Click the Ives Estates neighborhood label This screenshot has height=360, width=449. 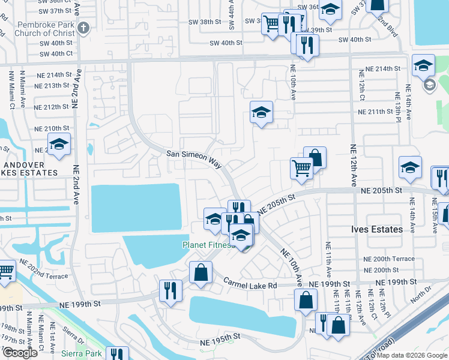[x=376, y=229]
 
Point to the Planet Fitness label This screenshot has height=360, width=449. [x=206, y=245]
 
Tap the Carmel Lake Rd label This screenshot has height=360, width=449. [x=250, y=284]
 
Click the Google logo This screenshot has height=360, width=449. [x=20, y=353]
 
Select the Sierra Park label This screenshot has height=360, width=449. [x=85, y=354]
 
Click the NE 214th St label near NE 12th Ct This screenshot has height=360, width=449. [x=378, y=69]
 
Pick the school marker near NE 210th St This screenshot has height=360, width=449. [x=59, y=144]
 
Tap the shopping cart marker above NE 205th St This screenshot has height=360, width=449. [x=301, y=167]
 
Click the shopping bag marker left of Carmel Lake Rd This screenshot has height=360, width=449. [x=200, y=272]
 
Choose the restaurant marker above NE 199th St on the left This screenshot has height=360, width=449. [x=170, y=291]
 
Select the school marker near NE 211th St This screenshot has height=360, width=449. [x=261, y=112]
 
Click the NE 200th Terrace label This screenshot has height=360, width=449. [x=389, y=258]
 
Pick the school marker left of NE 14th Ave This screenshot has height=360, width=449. [x=411, y=167]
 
